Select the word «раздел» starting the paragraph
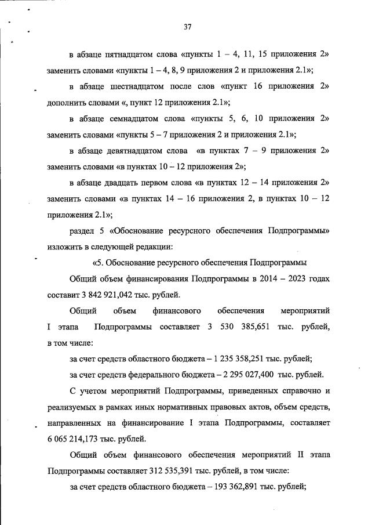coord(81,230)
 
